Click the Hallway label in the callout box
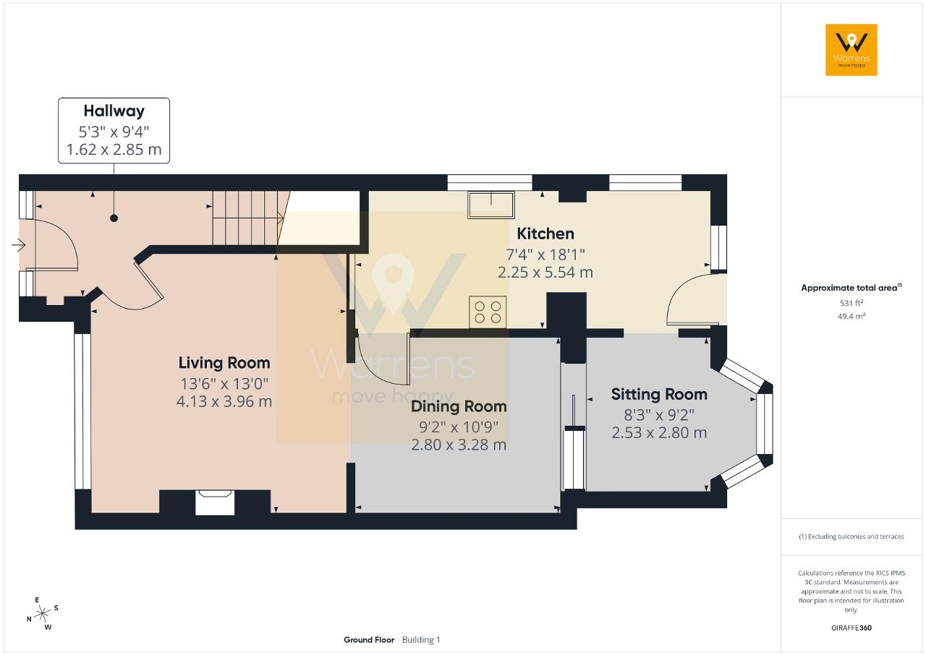click(114, 111)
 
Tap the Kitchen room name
click(545, 234)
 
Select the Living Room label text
click(224, 363)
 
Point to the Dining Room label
click(459, 406)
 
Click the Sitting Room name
click(659, 395)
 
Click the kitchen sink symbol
click(491, 205)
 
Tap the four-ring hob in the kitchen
click(488, 312)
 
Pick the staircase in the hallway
click(248, 218)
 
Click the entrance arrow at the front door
click(19, 245)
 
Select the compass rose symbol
click(42, 614)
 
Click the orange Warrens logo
click(851, 50)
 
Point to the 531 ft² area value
click(851, 303)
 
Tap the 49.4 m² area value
click(851, 316)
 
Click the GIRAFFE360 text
click(851, 628)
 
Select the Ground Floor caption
click(369, 640)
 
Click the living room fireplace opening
click(215, 502)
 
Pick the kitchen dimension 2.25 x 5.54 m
click(545, 273)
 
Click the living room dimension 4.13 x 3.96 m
click(224, 401)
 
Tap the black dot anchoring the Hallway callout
click(114, 218)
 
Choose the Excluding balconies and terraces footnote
click(851, 536)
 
